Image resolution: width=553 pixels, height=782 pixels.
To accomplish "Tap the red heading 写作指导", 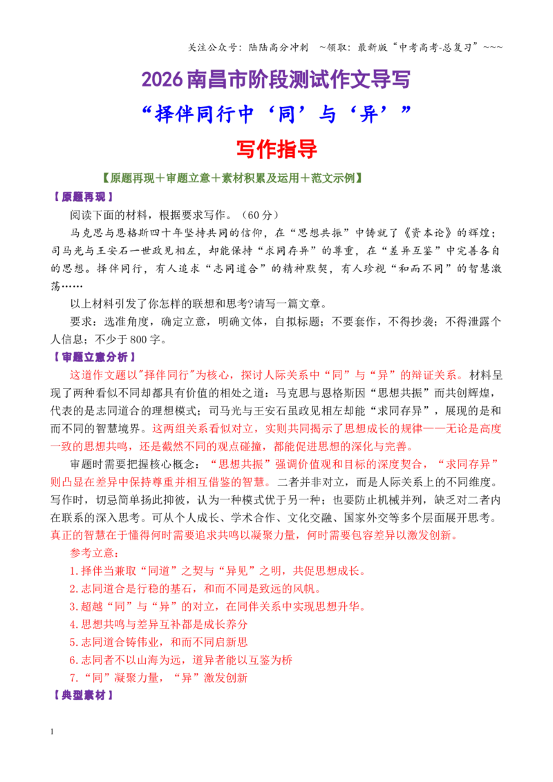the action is [276, 149].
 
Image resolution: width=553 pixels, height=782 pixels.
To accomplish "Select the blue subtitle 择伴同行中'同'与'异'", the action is [276, 114].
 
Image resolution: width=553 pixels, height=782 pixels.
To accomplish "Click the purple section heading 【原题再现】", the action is [83, 197].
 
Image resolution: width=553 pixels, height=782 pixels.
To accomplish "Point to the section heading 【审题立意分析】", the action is [94, 357].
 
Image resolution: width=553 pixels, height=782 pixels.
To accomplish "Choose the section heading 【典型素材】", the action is [83, 695].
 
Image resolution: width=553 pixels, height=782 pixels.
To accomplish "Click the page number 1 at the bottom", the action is [52, 732].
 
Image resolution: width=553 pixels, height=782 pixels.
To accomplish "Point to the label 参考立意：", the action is [95, 553].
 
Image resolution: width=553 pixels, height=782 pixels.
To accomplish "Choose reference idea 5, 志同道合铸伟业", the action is [159, 642].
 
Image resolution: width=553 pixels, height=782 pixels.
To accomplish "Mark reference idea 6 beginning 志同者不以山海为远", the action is [180, 660].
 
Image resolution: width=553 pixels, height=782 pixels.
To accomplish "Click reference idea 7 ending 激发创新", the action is [159, 678].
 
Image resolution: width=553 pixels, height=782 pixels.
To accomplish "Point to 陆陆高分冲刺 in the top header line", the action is [279, 48].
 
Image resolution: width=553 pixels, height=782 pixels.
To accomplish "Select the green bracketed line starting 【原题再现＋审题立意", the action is [232, 178].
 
